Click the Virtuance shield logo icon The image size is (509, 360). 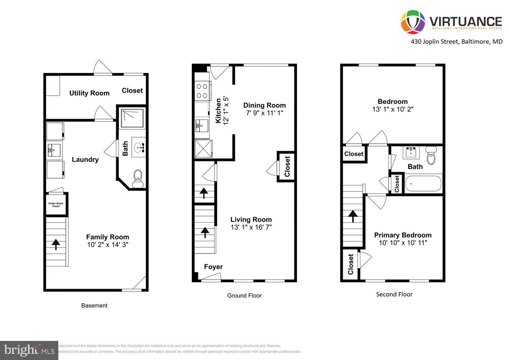pyautogui.click(x=413, y=22)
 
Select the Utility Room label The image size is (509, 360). pyautogui.click(x=89, y=93)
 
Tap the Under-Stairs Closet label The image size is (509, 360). pyautogui.click(x=56, y=205)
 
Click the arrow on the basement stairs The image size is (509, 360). pyautogui.click(x=56, y=244)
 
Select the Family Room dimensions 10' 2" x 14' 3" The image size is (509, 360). pyautogui.click(x=108, y=245)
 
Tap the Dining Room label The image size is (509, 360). pyautogui.click(x=264, y=105)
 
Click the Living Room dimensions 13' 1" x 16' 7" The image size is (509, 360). pyautogui.click(x=251, y=227)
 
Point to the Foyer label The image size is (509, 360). pyautogui.click(x=213, y=267)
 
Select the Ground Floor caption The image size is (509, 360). pyautogui.click(x=244, y=296)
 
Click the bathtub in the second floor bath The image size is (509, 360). pyautogui.click(x=423, y=184)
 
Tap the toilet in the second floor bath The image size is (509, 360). pyautogui.click(x=431, y=156)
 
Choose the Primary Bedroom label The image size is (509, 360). pyautogui.click(x=402, y=235)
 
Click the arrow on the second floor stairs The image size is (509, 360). pyautogui.click(x=352, y=216)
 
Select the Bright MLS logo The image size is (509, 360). pyautogui.click(x=29, y=350)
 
